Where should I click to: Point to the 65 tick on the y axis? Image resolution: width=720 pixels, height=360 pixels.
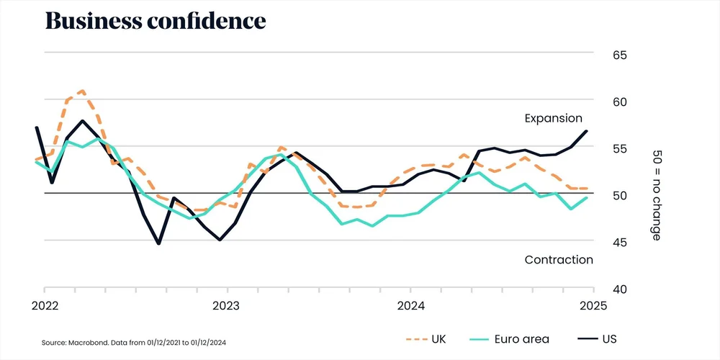point(599,55)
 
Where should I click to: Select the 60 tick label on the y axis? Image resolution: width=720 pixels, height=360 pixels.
point(599,102)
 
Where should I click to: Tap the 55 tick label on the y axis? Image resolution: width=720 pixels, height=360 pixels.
point(599,149)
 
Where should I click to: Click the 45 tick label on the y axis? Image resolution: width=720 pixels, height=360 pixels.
point(599,243)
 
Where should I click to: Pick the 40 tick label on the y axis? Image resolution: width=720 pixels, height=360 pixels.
point(599,289)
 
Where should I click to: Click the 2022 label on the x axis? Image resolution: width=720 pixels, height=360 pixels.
point(45,305)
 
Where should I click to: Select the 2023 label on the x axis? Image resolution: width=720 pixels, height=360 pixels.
point(228,305)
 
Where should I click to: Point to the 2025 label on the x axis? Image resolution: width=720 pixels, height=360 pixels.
point(593,305)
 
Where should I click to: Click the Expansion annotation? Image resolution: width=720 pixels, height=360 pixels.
point(553,119)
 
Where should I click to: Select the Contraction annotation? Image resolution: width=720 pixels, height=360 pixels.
point(559,260)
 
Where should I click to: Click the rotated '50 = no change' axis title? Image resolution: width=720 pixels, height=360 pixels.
point(657,195)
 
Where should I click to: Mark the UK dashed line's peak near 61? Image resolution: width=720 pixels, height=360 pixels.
point(83,91)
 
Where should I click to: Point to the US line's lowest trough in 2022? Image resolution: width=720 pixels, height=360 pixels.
point(158,243)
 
